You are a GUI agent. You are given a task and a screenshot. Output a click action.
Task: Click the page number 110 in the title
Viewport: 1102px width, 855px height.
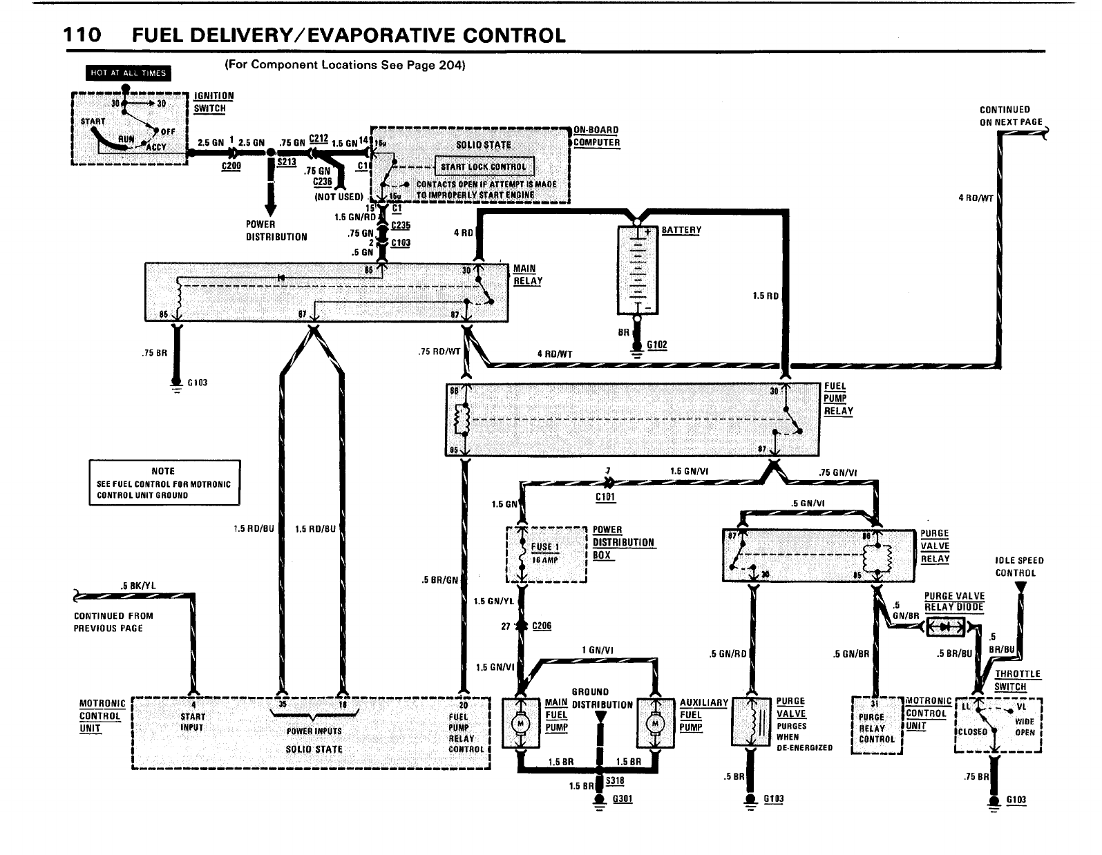tap(82, 35)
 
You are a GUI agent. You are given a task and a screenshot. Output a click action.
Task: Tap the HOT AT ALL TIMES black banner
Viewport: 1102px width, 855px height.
tap(128, 73)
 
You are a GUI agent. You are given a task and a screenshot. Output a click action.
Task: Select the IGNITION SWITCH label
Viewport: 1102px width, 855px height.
tap(213, 102)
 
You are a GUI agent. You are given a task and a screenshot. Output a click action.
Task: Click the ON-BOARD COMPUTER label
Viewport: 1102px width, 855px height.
tap(596, 136)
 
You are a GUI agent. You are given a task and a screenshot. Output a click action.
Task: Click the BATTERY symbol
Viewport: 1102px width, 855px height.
tap(636, 270)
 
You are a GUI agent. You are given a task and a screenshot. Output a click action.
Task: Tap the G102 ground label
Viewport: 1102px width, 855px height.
tap(658, 345)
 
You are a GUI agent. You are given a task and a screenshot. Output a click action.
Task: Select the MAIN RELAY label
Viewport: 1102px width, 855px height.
tap(528, 275)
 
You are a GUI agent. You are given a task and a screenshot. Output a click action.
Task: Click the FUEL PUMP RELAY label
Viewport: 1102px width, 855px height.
tap(838, 398)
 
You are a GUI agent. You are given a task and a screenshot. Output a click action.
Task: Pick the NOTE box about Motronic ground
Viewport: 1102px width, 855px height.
tap(164, 483)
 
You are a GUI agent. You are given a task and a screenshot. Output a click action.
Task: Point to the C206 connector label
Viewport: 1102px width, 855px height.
tap(541, 626)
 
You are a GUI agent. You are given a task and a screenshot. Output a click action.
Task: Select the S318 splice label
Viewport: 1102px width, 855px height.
tap(614, 780)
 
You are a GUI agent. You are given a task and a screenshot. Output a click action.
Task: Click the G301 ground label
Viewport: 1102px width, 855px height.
tap(622, 799)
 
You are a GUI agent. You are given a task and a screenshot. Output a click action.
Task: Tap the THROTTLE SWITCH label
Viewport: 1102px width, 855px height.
tap(1017, 680)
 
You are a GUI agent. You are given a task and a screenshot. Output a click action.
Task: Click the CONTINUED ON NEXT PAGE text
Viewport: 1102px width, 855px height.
tap(1011, 115)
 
